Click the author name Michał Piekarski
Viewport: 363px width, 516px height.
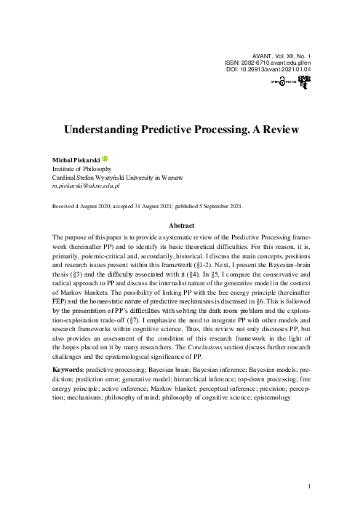[76, 159]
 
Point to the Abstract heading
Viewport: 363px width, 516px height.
[182, 226]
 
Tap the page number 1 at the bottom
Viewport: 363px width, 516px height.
[309, 486]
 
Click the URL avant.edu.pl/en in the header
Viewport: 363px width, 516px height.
[295, 62]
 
